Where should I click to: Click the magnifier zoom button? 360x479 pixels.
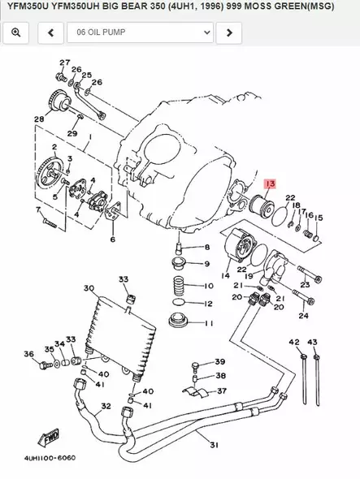[x=15, y=32]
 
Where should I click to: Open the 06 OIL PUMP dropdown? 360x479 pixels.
[x=138, y=32]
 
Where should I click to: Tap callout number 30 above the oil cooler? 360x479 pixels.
[x=88, y=287]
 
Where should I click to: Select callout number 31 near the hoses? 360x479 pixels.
[x=214, y=444]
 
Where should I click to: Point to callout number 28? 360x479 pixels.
[x=38, y=119]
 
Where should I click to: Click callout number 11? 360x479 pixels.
[x=208, y=323]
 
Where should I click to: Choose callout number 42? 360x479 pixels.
[x=294, y=343]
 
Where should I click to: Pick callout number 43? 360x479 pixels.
[x=313, y=343]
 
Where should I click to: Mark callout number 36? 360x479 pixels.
[x=28, y=354]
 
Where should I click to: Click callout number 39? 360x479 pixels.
[x=219, y=361]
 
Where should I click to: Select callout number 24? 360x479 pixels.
[x=303, y=315]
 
